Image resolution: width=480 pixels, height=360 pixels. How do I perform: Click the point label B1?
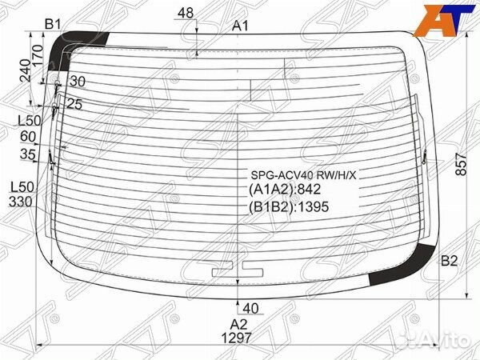53,24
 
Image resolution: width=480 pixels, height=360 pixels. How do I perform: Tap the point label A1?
241,26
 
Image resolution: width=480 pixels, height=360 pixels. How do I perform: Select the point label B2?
449,261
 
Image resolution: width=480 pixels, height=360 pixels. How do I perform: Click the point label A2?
239,324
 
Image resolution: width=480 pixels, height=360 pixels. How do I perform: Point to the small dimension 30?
77,81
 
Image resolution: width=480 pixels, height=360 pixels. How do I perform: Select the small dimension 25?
74,103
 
